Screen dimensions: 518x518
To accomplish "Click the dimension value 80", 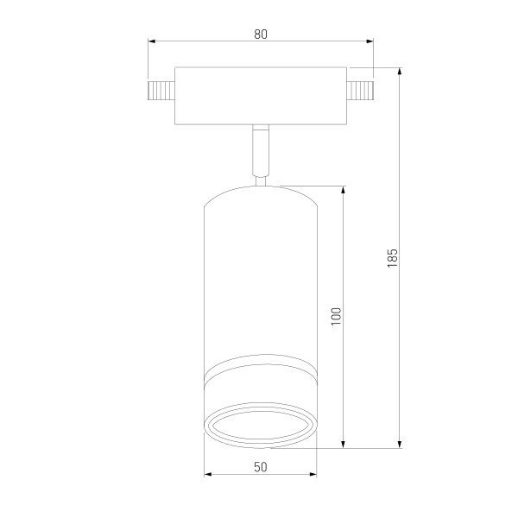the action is pyautogui.click(x=261, y=35).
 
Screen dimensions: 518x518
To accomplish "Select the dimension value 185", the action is pyautogui.click(x=392, y=258).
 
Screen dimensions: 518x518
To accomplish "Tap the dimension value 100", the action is pyautogui.click(x=336, y=317).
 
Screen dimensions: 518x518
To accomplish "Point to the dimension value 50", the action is pyautogui.click(x=261, y=467).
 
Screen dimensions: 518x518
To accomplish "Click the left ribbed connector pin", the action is pyautogui.click(x=161, y=90).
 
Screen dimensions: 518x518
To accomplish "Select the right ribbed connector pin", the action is pyautogui.click(x=360, y=90).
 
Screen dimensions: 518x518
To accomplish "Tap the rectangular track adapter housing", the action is pyautogui.click(x=261, y=96).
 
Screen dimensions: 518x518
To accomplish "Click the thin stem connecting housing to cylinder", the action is pyautogui.click(x=261, y=150).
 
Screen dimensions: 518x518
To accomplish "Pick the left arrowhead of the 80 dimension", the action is pyautogui.click(x=152, y=41).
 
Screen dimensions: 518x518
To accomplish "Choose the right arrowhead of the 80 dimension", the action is pyautogui.click(x=370, y=41).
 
